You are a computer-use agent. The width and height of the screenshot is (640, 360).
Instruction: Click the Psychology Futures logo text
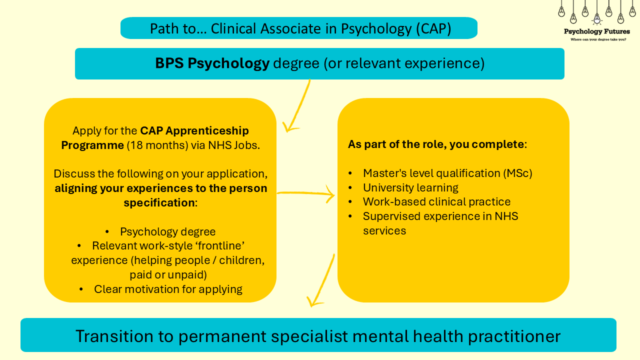point(597,31)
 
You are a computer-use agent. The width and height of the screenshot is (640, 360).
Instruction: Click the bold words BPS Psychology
point(212,63)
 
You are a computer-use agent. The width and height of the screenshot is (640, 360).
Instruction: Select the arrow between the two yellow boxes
point(305,193)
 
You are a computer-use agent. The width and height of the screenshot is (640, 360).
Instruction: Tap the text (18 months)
point(157,145)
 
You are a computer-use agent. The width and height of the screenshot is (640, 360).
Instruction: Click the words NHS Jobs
point(234,145)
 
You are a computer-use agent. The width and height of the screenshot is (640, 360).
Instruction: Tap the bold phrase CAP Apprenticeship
point(194,131)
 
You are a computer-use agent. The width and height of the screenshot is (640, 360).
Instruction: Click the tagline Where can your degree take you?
point(598,39)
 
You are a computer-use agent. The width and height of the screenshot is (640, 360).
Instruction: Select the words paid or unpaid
point(168,274)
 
